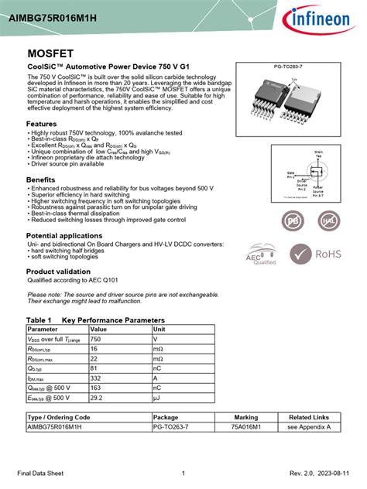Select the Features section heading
tap(42, 124)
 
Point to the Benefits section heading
tap(41, 180)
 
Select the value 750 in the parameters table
tap(96, 339)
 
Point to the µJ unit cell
tap(157, 398)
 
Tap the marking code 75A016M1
tap(246, 426)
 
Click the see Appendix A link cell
tap(309, 426)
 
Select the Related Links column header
tap(309, 416)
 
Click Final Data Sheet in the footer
tap(44, 473)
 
